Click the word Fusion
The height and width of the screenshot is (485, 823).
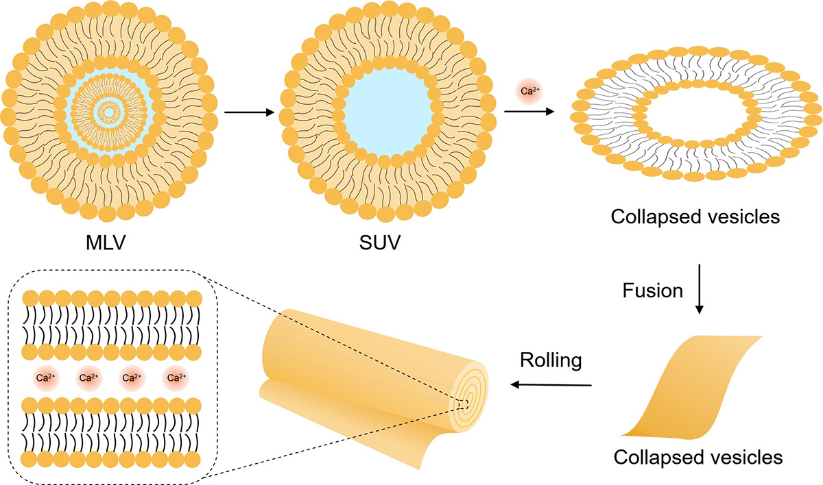652,290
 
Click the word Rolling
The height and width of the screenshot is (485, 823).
551,360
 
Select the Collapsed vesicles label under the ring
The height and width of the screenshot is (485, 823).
696,218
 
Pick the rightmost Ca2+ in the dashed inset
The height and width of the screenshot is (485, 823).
177,377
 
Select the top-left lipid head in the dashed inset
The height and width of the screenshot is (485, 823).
30,299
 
